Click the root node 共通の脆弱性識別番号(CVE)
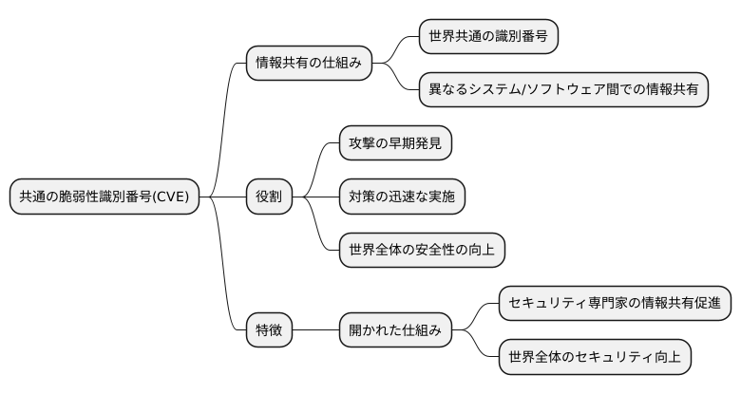[x=104, y=197]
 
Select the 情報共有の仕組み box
[x=308, y=64]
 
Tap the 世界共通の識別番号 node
[x=488, y=37]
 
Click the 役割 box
[x=269, y=197]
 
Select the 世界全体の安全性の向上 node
[x=422, y=250]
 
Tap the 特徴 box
[x=269, y=330]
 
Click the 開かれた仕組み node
[x=395, y=330]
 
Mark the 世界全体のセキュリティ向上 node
[x=595, y=357]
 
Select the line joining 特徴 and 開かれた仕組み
[x=316, y=330]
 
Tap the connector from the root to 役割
[x=222, y=197]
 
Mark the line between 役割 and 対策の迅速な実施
[x=316, y=197]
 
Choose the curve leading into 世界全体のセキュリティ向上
[x=480, y=347]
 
